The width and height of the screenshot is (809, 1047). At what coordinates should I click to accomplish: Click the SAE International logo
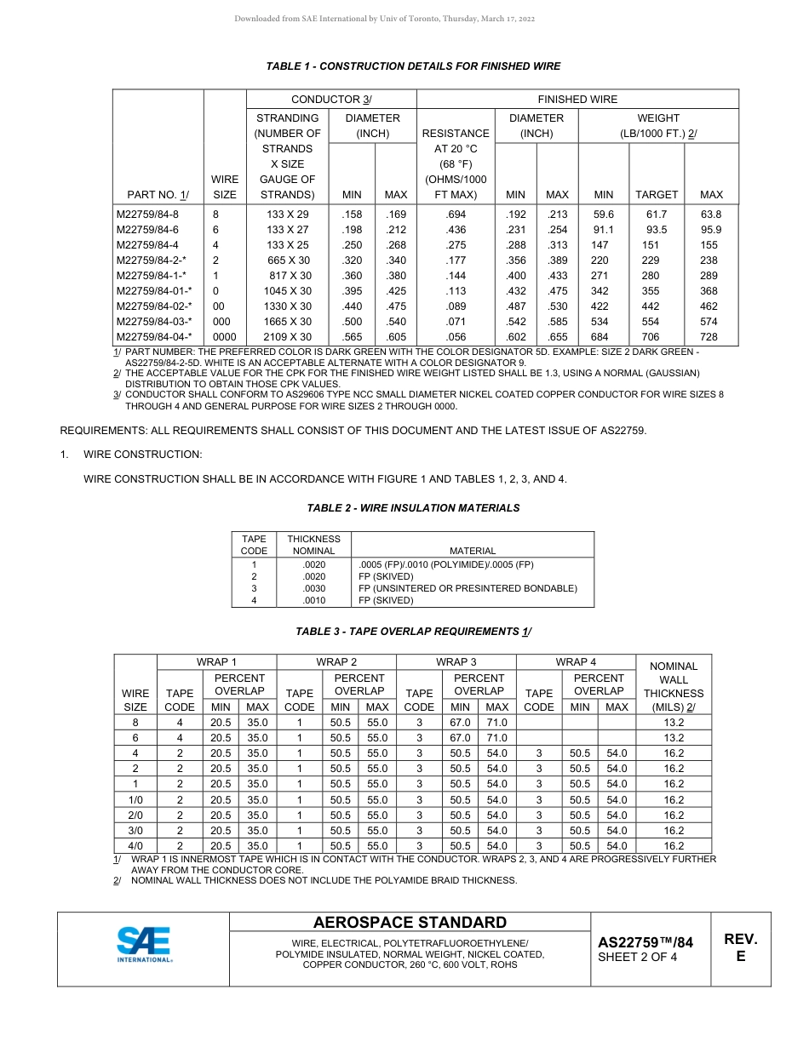(x=144, y=944)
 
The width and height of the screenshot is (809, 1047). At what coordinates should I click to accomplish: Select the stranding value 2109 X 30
(x=289, y=337)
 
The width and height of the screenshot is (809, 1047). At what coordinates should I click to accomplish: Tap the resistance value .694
(x=456, y=215)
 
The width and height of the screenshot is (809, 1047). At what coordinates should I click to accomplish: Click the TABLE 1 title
(x=413, y=66)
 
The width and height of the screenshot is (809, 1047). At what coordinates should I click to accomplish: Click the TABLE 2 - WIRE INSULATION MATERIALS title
(x=413, y=508)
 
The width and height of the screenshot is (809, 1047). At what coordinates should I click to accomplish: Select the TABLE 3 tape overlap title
(x=413, y=632)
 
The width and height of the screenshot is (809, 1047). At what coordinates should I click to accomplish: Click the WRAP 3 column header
(x=456, y=661)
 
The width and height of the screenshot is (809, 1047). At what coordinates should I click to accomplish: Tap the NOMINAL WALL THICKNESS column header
(x=673, y=686)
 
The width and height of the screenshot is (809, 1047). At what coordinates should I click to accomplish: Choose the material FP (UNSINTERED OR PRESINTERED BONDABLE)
(x=468, y=588)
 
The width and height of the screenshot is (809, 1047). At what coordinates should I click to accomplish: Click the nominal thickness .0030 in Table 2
(x=313, y=588)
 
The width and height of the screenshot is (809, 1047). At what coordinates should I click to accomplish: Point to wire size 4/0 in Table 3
(x=135, y=846)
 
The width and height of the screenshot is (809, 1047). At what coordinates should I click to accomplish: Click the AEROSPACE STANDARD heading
(x=410, y=923)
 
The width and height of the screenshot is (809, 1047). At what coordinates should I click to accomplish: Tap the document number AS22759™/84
(x=645, y=942)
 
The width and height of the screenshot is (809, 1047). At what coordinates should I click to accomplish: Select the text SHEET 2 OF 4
(x=638, y=958)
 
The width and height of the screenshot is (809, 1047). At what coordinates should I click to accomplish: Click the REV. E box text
(x=740, y=947)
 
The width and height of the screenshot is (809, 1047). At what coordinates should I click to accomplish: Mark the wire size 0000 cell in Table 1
(x=225, y=337)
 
